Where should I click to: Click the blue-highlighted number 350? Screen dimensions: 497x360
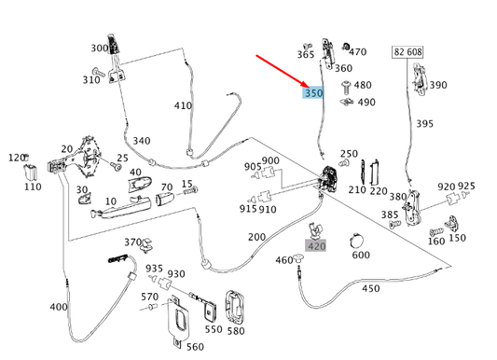pyautogui.click(x=313, y=93)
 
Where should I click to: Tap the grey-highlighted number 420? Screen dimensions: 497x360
pyautogui.click(x=316, y=246)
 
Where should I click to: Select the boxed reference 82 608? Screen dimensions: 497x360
pyautogui.click(x=407, y=52)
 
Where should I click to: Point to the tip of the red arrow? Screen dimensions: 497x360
pyautogui.click(x=309, y=87)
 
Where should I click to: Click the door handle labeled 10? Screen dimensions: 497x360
pyautogui.click(x=121, y=207)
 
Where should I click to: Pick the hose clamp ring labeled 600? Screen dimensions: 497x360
pyautogui.click(x=356, y=242)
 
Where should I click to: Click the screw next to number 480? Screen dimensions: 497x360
pyautogui.click(x=346, y=87)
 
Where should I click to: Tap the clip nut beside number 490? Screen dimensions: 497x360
pyautogui.click(x=347, y=102)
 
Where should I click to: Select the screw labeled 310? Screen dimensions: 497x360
pyautogui.click(x=98, y=72)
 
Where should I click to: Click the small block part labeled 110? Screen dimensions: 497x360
pyautogui.click(x=31, y=172)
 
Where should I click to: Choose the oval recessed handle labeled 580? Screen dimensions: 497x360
pyautogui.click(x=235, y=307)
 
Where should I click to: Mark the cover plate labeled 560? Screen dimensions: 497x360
pyautogui.click(x=178, y=320)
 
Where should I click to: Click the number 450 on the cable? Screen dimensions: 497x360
pyautogui.click(x=370, y=289)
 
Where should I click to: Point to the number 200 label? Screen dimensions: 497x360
pyautogui.click(x=256, y=237)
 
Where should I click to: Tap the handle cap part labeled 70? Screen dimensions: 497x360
pyautogui.click(x=165, y=199)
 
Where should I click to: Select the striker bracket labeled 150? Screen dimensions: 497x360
pyautogui.click(x=451, y=223)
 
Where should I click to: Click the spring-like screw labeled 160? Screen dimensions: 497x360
pyautogui.click(x=436, y=231)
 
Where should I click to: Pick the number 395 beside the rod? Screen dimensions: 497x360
pyautogui.click(x=424, y=124)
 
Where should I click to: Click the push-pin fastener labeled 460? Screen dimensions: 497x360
pyautogui.click(x=297, y=258)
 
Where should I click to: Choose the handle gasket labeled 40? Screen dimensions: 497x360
pyautogui.click(x=140, y=185)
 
